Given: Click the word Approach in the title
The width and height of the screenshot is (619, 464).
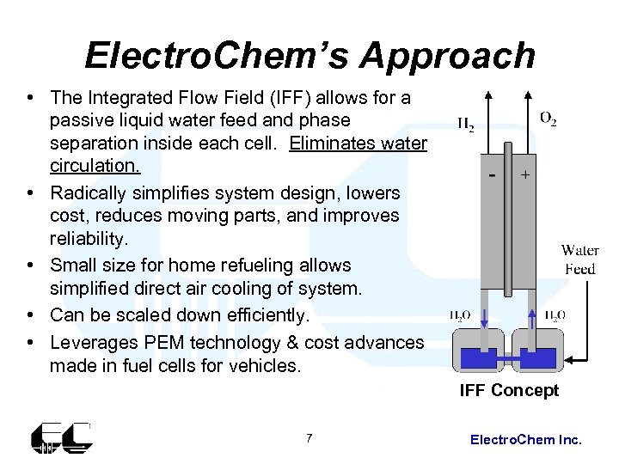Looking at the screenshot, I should (x=447, y=55).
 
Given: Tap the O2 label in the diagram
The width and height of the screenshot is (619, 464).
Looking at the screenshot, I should (x=548, y=119).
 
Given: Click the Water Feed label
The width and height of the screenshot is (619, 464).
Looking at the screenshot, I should (x=579, y=259).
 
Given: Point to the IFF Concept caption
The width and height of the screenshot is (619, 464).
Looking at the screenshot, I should (x=509, y=391).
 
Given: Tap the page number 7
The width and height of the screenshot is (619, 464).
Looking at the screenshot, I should (x=309, y=439).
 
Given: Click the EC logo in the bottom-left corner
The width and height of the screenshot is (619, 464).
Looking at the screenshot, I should (x=61, y=438).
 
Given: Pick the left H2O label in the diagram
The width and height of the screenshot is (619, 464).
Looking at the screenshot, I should (x=460, y=315).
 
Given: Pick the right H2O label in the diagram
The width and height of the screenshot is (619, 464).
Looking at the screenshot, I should (x=555, y=315).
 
